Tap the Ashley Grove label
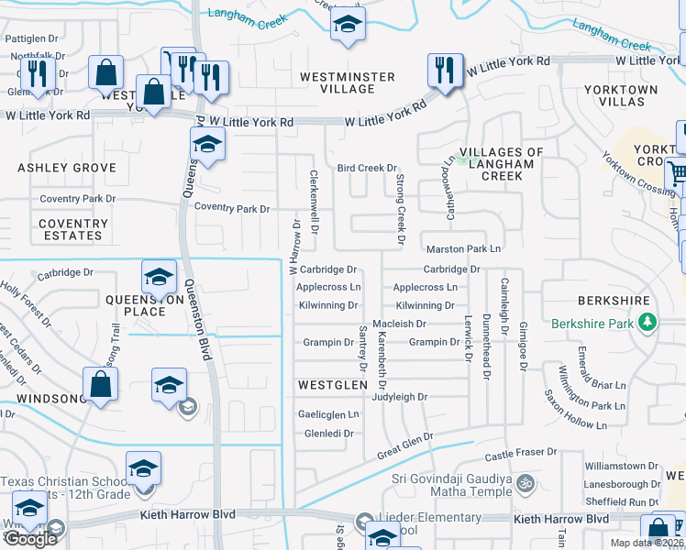point(67,168)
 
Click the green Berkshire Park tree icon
point(647,323)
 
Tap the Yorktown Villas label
point(633,96)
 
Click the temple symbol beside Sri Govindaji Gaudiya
point(525,481)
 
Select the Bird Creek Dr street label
point(366,169)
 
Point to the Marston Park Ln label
point(463,248)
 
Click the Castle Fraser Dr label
point(521,453)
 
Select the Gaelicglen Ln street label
point(327,414)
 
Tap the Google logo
point(30,539)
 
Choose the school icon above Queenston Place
point(159,277)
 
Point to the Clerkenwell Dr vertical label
point(314,201)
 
